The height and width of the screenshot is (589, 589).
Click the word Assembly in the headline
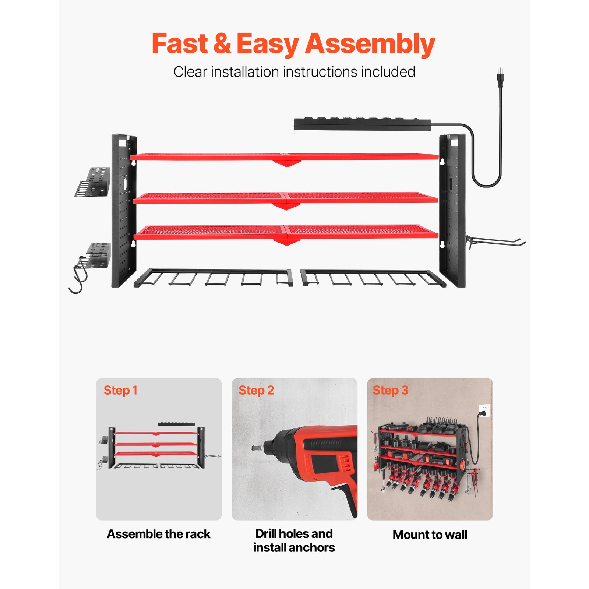coord(370,44)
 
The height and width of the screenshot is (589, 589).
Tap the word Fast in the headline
coord(180,44)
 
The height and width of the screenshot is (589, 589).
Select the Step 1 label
coord(120,390)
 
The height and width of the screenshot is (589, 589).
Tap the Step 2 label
coord(256,390)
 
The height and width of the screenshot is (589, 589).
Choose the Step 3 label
coord(391,390)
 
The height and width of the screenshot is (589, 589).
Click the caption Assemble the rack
coord(159,534)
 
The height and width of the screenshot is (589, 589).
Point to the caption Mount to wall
coord(430,535)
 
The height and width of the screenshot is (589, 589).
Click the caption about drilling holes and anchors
coord(294,540)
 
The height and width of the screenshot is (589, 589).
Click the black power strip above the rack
coord(363,124)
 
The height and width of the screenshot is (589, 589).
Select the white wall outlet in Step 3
coord(484,410)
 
